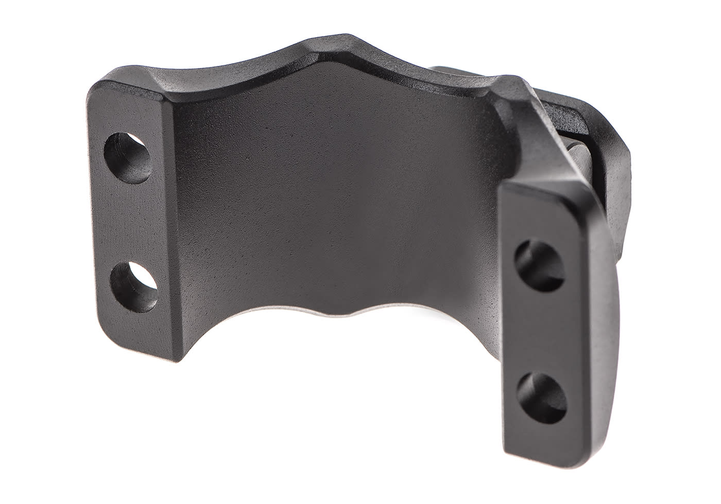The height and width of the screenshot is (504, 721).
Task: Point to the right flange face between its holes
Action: point(541,327)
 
